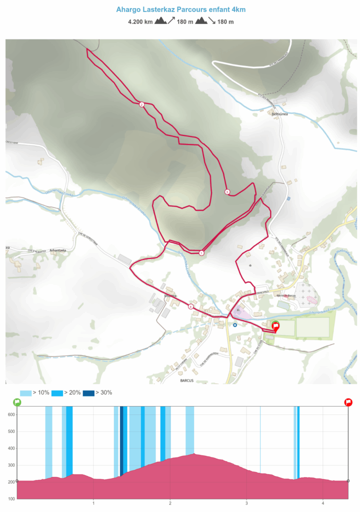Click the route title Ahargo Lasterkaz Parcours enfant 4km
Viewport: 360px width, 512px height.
180,9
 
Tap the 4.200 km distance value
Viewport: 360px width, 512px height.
140,21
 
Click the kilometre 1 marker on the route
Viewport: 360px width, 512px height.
201,253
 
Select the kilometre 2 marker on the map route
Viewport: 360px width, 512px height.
141,104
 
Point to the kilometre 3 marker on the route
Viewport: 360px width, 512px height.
227,192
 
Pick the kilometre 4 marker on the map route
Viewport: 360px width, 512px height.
190,306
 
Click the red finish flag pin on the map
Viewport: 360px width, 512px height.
275,327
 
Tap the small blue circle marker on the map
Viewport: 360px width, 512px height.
235,324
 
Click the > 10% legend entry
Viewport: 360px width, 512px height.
34,392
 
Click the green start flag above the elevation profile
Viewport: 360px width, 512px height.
17,402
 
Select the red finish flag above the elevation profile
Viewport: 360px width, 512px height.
348,402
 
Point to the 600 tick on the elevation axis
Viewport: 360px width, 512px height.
10,414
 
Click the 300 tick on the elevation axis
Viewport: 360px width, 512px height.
10,465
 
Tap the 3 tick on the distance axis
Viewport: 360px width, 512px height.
247,503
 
